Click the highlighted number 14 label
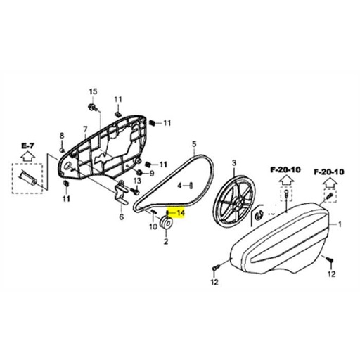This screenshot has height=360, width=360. point(179,214)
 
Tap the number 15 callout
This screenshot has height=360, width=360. point(91,93)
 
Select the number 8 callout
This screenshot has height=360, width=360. point(61,136)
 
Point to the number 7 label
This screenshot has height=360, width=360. point(84,129)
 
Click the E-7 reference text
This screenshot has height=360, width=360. point(28,146)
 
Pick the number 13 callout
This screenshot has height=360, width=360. point(137,181)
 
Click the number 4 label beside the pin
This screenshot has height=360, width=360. point(179,186)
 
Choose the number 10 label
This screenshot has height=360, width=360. point(153,227)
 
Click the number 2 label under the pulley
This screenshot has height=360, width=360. point(166,241)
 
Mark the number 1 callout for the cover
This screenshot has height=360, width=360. point(341,225)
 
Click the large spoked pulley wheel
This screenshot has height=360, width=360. point(233,200)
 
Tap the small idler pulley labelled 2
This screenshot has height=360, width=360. point(167,224)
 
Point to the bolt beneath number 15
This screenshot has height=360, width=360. point(92,108)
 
